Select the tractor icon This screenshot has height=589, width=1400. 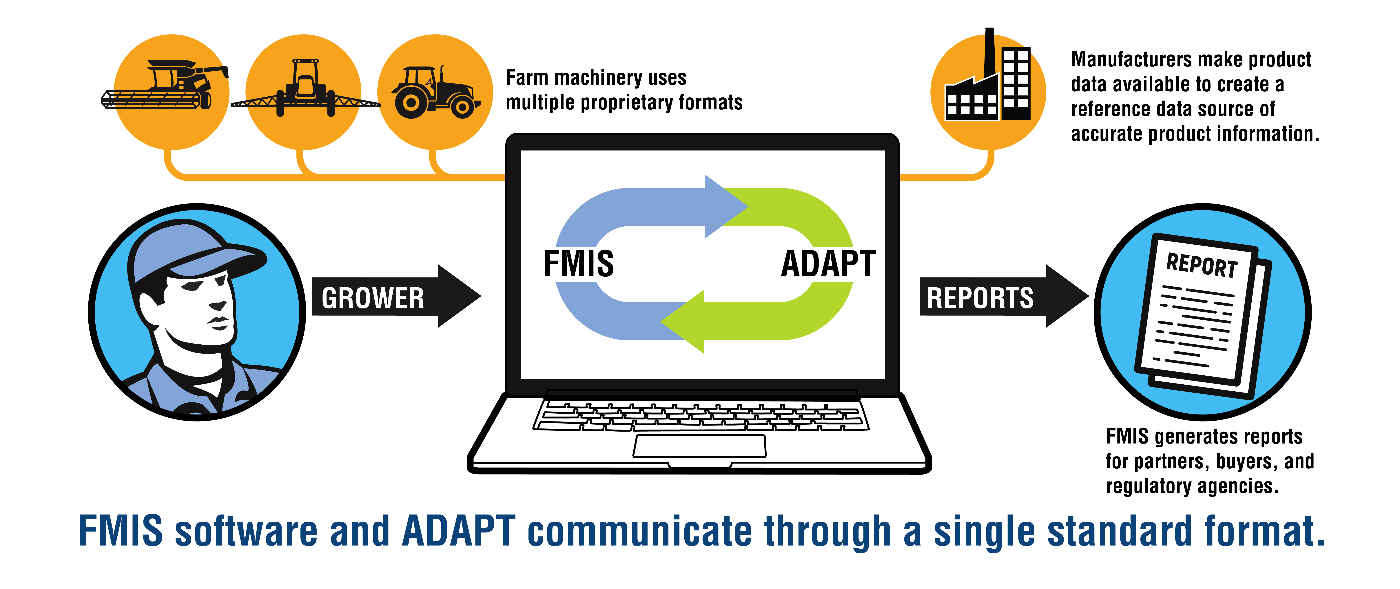tap(436, 92)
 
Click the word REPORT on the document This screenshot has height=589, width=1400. tap(1202, 265)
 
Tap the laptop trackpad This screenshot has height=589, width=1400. tap(699, 446)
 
